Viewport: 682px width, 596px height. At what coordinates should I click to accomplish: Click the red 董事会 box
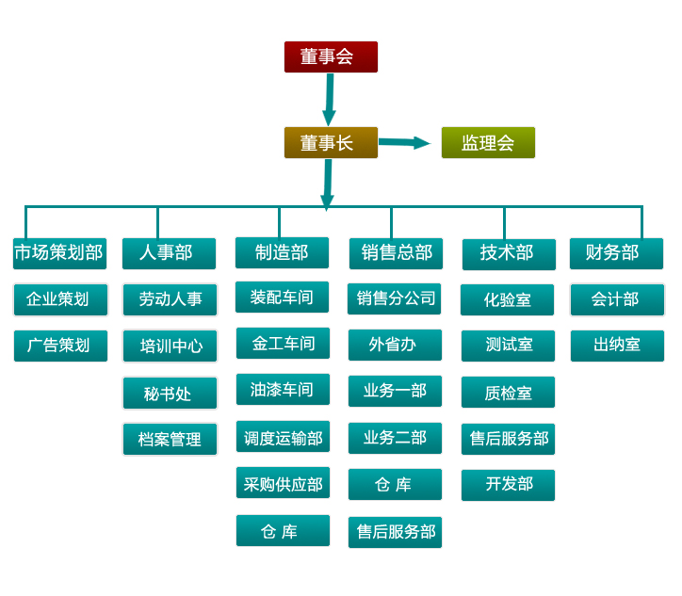pyautogui.click(x=331, y=56)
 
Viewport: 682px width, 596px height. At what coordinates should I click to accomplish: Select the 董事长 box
pyautogui.click(x=331, y=142)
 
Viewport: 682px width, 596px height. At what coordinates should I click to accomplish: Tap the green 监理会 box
pyautogui.click(x=488, y=142)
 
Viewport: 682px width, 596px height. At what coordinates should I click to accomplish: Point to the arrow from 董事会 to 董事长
pyautogui.click(x=330, y=99)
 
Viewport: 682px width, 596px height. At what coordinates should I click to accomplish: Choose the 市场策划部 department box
pyautogui.click(x=59, y=253)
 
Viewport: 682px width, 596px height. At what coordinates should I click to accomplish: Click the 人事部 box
pyautogui.click(x=169, y=253)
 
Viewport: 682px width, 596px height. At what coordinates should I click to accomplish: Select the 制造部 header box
pyautogui.click(x=282, y=252)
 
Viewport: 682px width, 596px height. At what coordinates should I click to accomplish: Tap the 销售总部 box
pyautogui.click(x=396, y=253)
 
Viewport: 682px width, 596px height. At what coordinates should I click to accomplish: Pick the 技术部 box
pyautogui.click(x=509, y=253)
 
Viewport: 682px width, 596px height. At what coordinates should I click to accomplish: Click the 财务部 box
pyautogui.click(x=616, y=253)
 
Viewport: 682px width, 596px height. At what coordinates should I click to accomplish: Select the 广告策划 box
pyautogui.click(x=60, y=346)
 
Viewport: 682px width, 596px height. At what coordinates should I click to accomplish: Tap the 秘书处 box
pyautogui.click(x=170, y=394)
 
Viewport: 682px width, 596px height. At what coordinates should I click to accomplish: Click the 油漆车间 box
pyautogui.click(x=283, y=390)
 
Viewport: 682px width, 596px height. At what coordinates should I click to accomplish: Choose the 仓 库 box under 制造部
pyautogui.click(x=283, y=531)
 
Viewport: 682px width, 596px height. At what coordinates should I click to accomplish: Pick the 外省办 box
pyautogui.click(x=395, y=345)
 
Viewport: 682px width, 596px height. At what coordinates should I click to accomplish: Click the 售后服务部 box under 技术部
pyautogui.click(x=508, y=439)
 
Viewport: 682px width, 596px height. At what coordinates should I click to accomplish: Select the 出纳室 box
pyautogui.click(x=617, y=346)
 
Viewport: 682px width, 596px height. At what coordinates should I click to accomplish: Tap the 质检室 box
pyautogui.click(x=508, y=393)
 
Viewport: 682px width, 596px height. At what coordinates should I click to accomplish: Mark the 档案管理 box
pyautogui.click(x=170, y=439)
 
